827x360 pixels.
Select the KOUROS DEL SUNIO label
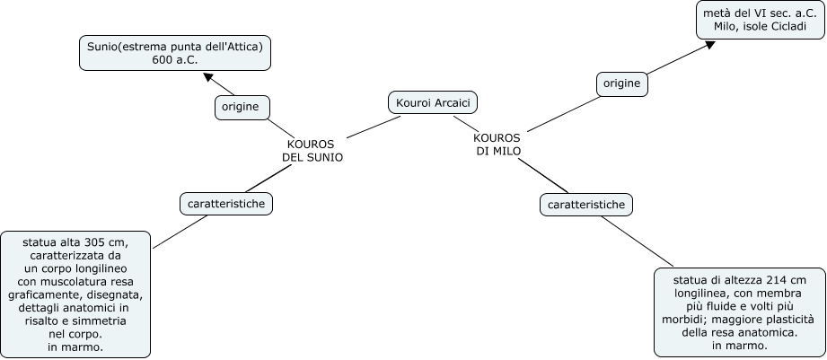click(x=312, y=150)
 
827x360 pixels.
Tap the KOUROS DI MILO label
click(x=497, y=144)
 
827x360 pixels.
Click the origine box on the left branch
click(x=242, y=108)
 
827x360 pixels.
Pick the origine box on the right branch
click(x=621, y=83)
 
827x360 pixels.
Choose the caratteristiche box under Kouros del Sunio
click(x=226, y=204)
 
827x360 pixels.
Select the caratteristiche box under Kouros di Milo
click(x=586, y=205)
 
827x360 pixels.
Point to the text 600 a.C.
click(x=175, y=59)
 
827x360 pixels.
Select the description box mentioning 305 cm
click(x=75, y=294)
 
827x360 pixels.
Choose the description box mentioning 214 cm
click(x=739, y=312)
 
